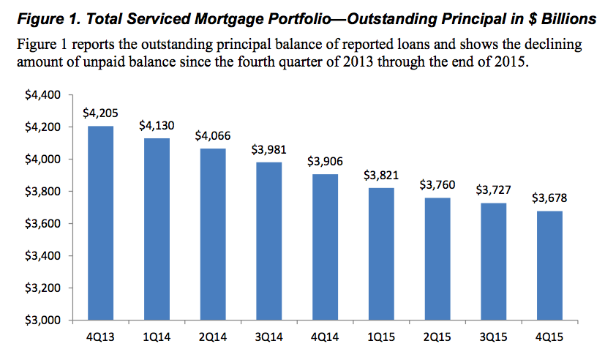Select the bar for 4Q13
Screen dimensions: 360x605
point(101,223)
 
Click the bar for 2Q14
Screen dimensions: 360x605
point(212,234)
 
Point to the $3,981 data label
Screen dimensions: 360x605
point(268,149)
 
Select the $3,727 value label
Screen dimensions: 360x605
point(489,190)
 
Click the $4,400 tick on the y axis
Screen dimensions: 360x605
point(45,95)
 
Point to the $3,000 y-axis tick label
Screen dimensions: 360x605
point(45,320)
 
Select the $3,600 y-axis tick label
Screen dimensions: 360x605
point(45,224)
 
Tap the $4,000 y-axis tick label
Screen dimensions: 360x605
point(45,160)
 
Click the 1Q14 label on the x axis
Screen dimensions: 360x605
point(157,339)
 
